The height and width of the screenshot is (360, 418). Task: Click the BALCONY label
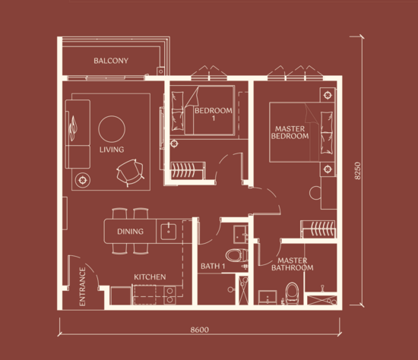click(x=111, y=61)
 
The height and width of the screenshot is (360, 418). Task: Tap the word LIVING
click(x=112, y=150)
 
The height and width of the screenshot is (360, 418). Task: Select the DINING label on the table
click(x=131, y=232)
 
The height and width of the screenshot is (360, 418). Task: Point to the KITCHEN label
click(x=150, y=277)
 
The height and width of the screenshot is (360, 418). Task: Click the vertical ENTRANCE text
click(x=82, y=286)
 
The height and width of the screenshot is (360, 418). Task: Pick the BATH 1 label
click(x=213, y=266)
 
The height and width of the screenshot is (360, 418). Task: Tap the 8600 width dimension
click(x=199, y=330)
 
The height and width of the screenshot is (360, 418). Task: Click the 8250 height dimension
click(x=357, y=171)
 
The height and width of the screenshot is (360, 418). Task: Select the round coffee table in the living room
click(x=112, y=129)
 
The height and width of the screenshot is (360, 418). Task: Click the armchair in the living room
click(x=131, y=172)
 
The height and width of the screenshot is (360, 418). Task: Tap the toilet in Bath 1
click(x=236, y=255)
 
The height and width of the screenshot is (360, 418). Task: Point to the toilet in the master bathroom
click(x=292, y=293)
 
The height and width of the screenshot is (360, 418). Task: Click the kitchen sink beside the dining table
click(x=169, y=232)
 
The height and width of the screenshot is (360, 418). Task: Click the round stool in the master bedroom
click(x=315, y=193)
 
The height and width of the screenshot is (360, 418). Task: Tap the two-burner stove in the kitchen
click(x=169, y=295)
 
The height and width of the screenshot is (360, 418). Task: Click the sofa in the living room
click(x=78, y=134)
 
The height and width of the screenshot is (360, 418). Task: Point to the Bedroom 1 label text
click(x=214, y=114)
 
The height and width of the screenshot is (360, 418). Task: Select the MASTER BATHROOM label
click(x=293, y=264)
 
